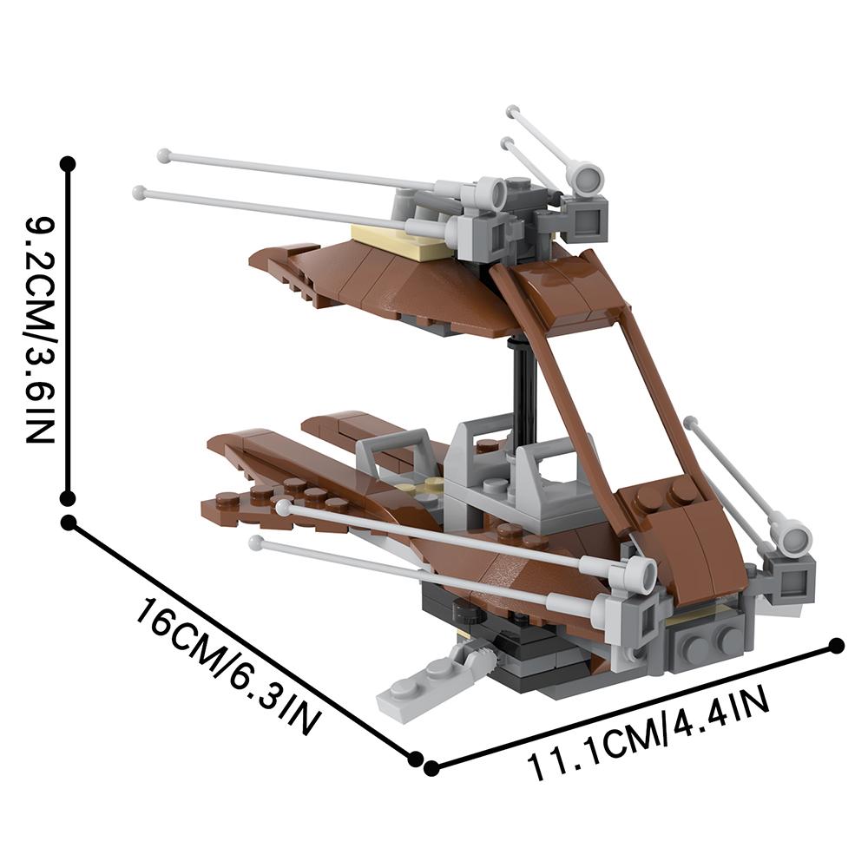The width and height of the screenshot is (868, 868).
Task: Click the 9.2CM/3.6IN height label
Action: [41, 330]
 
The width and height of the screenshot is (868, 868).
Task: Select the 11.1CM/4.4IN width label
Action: [648, 732]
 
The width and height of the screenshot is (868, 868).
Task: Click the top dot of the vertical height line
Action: [68, 164]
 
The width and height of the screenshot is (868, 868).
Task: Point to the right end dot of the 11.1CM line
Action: [837, 646]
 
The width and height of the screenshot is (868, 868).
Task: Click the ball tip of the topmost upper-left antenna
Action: [163, 155]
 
